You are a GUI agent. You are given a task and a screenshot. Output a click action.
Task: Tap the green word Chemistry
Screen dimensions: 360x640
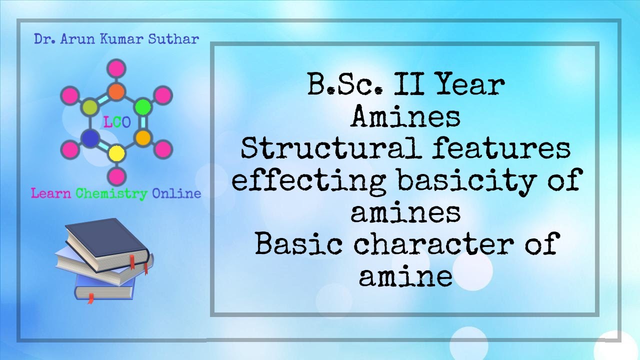[111, 193]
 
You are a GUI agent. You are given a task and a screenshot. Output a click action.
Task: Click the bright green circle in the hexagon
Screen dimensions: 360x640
[143, 106]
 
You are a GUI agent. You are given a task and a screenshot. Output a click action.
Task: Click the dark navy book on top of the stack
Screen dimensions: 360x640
[107, 242]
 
